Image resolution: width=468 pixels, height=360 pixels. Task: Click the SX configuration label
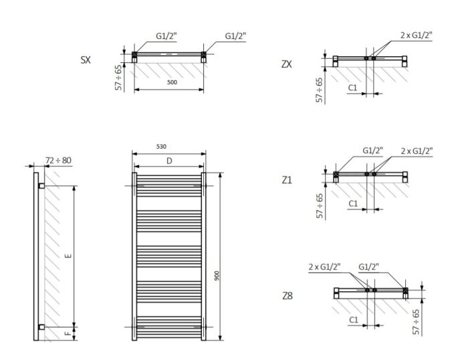86,60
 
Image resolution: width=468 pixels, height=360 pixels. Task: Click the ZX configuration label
287,64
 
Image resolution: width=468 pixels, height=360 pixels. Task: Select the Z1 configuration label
287,180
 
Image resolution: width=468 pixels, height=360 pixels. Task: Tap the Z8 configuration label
287,294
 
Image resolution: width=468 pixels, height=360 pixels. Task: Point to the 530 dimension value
160,146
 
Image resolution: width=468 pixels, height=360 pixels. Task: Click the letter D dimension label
169,161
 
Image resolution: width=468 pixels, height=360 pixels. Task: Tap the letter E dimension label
68,256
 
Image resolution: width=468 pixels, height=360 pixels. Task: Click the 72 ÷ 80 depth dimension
59,161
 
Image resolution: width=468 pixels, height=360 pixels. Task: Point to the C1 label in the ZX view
353,87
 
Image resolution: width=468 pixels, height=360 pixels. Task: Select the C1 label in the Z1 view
353,202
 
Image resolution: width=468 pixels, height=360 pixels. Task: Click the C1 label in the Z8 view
353,320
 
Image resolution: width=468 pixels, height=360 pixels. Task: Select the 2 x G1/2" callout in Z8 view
324,266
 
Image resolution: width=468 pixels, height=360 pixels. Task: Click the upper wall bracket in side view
41,183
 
